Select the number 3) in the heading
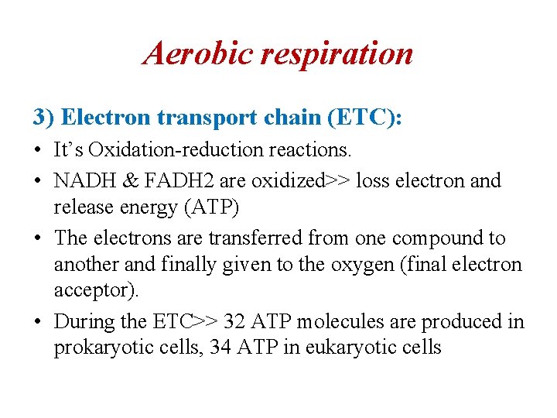[x=43, y=117]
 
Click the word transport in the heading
[x=203, y=117]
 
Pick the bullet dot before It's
[x=37, y=150]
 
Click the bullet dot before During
[x=37, y=321]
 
